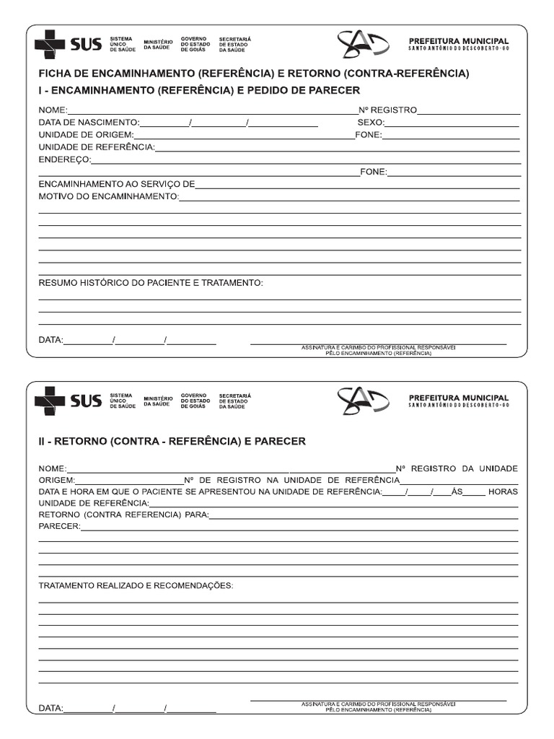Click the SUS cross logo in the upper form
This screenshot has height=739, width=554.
click(x=49, y=45)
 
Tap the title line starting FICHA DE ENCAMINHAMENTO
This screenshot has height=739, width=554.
click(x=253, y=74)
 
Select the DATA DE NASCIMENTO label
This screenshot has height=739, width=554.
click(x=89, y=123)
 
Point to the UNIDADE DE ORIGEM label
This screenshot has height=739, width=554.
click(x=86, y=135)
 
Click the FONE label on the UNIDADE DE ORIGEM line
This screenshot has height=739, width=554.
click(x=368, y=135)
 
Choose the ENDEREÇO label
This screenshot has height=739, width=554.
click(x=65, y=159)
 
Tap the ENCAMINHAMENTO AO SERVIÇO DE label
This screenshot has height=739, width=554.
click(x=116, y=184)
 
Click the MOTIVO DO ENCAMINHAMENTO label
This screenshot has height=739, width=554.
click(x=108, y=196)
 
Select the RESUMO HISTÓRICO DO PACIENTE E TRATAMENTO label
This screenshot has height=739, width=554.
click(x=151, y=283)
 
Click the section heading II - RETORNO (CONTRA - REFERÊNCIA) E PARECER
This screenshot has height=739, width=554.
click(x=172, y=441)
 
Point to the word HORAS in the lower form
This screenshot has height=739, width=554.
click(x=503, y=491)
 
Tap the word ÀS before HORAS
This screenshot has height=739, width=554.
click(x=456, y=491)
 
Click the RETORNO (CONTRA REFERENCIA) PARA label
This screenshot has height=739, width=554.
click(x=123, y=515)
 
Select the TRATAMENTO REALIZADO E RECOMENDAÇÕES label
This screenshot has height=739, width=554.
click(x=136, y=585)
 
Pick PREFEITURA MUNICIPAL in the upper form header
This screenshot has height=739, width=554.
click(x=458, y=41)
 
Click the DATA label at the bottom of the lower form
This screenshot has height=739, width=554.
click(x=50, y=708)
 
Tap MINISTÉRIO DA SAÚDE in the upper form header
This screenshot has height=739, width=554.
click(x=158, y=45)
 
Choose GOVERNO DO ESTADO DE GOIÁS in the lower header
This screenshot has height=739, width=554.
click(x=195, y=401)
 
